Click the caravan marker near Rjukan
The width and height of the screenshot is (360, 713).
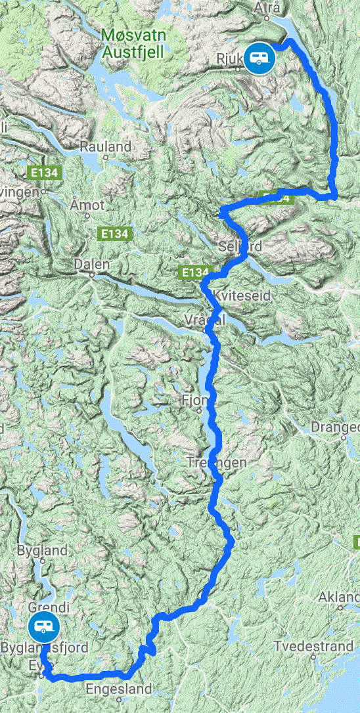coord(259,56)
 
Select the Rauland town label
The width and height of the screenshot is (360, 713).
coord(106,148)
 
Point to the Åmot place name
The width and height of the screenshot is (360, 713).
coord(87,205)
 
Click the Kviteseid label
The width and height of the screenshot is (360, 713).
coord(242,296)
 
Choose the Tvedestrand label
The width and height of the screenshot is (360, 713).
coord(315,646)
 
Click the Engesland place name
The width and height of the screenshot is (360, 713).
coord(119,689)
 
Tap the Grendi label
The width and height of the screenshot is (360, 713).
coord(43,607)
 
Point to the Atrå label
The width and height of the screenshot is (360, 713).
coord(275,9)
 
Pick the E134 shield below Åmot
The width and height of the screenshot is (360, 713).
coord(114,233)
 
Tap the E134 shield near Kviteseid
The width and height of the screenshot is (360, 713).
coord(194,272)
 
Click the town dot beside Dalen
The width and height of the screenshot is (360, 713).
coord(93,276)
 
